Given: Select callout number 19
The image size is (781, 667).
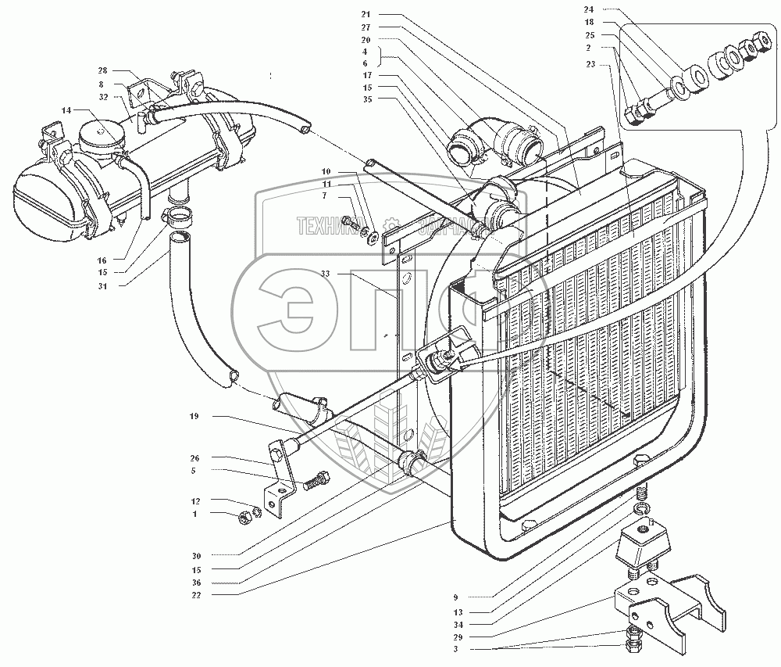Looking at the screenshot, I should tap(193, 417).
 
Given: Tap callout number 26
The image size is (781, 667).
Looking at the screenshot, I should tap(193, 458).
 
